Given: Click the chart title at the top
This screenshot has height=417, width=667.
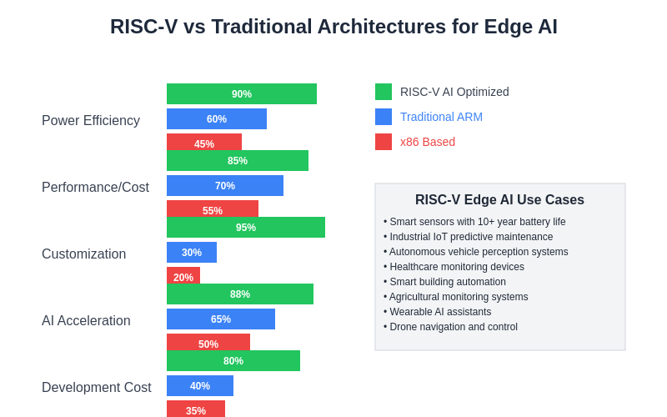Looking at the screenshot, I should pos(333,27).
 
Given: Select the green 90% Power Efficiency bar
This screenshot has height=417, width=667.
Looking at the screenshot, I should pos(242,93).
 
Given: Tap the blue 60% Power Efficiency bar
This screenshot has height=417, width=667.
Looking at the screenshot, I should pos(217,118).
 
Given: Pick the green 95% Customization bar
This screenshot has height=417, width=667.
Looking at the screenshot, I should pos(246,227).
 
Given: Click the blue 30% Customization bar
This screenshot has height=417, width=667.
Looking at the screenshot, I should pos(192,252).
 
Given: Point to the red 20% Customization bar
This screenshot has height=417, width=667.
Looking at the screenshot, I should pos(183,275).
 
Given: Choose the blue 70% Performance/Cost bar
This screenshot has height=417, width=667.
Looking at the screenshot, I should pos(225,185).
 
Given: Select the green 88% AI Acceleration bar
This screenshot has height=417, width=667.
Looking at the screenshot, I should pos(240,294).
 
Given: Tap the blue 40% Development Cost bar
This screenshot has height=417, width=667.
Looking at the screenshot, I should pos(200,385).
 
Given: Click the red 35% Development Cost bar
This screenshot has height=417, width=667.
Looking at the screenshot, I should pos(196,409).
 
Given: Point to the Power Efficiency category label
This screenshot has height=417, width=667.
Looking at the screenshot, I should pos(91,120).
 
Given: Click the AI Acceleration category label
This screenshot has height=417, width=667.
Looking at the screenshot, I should pos(86,320).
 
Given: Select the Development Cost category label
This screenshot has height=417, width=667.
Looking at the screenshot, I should pos(97,387).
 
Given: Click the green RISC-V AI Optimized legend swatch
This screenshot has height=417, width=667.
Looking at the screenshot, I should pos(384,92).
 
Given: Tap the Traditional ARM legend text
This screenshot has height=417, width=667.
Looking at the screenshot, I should pos(441,117).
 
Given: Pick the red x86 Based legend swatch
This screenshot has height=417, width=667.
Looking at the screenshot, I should pos(384,142).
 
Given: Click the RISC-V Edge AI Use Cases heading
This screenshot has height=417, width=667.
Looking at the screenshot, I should pos(499,200).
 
